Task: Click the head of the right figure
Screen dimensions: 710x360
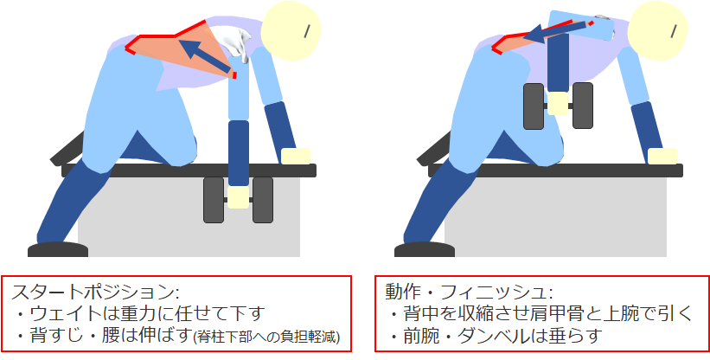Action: point(657,32)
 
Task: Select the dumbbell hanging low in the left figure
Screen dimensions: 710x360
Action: point(238,200)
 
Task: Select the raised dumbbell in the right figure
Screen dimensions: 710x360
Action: point(559,106)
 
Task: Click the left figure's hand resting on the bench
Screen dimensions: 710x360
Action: point(295,157)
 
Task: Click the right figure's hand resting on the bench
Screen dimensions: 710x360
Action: point(662,157)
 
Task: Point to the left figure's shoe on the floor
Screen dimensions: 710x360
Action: point(58,249)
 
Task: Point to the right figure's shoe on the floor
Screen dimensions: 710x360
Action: point(425,249)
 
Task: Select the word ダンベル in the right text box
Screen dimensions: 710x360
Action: point(489,336)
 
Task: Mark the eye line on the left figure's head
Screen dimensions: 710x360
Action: point(306,30)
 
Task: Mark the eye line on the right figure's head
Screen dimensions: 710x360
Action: point(673,30)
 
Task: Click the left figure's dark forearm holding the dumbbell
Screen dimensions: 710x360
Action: point(239,153)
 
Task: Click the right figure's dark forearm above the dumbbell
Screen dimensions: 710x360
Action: point(558,62)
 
